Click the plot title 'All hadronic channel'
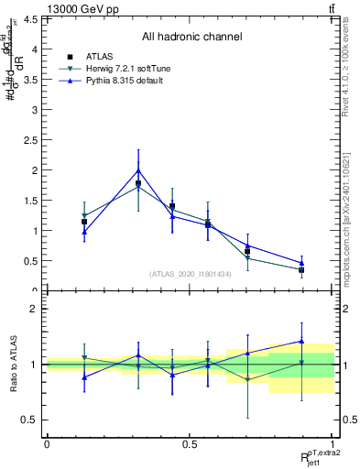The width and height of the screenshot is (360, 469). click(x=191, y=38)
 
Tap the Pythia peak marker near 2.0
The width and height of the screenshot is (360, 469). click(x=138, y=170)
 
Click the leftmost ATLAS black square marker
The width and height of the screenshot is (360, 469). click(x=84, y=222)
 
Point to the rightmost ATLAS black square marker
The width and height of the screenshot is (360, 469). click(x=301, y=270)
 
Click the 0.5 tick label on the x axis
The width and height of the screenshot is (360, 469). click(x=190, y=444)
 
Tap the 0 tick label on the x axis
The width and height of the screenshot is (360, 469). click(x=47, y=444)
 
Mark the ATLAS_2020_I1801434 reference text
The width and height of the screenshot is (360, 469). click(x=191, y=274)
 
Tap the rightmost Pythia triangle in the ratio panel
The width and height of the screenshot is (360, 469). click(x=301, y=341)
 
